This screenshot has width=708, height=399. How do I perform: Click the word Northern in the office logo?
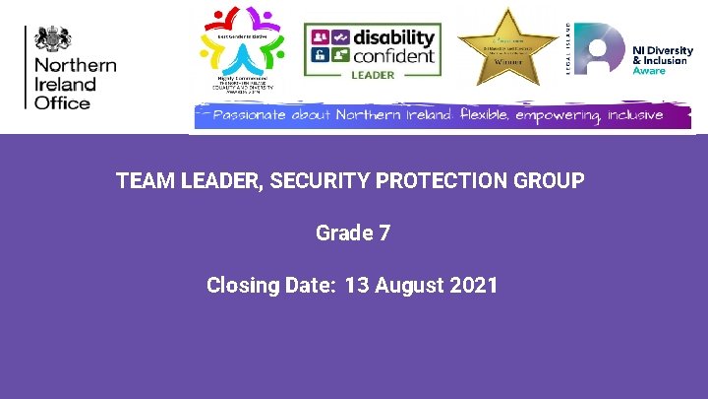click(x=75, y=66)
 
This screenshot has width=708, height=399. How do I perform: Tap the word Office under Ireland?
click(x=62, y=102)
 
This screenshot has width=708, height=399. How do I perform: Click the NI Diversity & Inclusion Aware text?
click(x=662, y=59)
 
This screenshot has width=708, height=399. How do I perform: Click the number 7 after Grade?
click(x=384, y=233)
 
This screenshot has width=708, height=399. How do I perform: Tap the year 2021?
click(x=474, y=286)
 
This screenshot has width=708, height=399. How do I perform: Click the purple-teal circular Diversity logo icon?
click(x=600, y=48)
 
